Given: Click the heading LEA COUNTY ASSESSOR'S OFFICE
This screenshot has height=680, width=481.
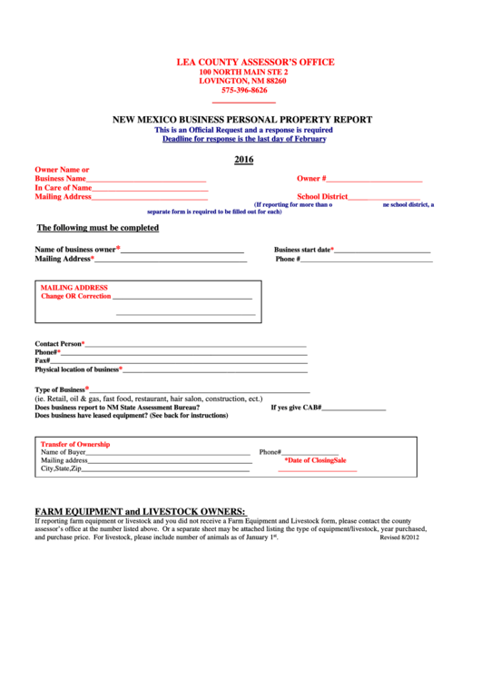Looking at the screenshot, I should (x=255, y=62).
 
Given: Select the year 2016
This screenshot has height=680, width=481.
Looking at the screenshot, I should (x=243, y=160).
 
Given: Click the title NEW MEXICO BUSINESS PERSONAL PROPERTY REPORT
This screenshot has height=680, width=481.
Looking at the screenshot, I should (x=242, y=120).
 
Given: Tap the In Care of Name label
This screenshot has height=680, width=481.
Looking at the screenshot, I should (x=64, y=188).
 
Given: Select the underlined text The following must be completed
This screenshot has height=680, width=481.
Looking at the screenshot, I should (x=97, y=228).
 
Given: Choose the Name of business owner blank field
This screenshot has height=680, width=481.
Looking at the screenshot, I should (x=182, y=251).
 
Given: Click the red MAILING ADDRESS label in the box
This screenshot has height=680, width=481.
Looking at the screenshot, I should (x=74, y=288).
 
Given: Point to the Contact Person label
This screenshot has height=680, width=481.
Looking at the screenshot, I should (x=59, y=344).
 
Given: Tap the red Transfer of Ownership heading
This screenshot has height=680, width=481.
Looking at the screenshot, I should (x=75, y=444).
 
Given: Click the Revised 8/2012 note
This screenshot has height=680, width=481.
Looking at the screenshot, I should (x=399, y=537).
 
